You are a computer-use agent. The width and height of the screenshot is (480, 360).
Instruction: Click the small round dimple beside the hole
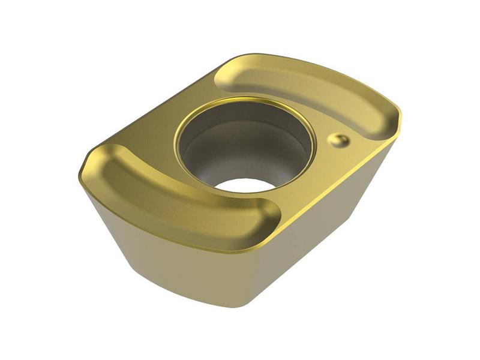point(338,140)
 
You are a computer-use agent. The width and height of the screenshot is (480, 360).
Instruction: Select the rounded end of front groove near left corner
point(108,159)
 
